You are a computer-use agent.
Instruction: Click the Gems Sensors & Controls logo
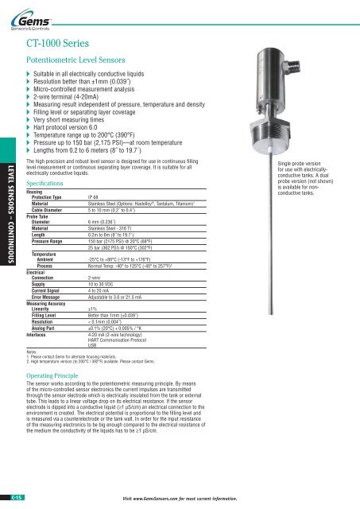25,17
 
